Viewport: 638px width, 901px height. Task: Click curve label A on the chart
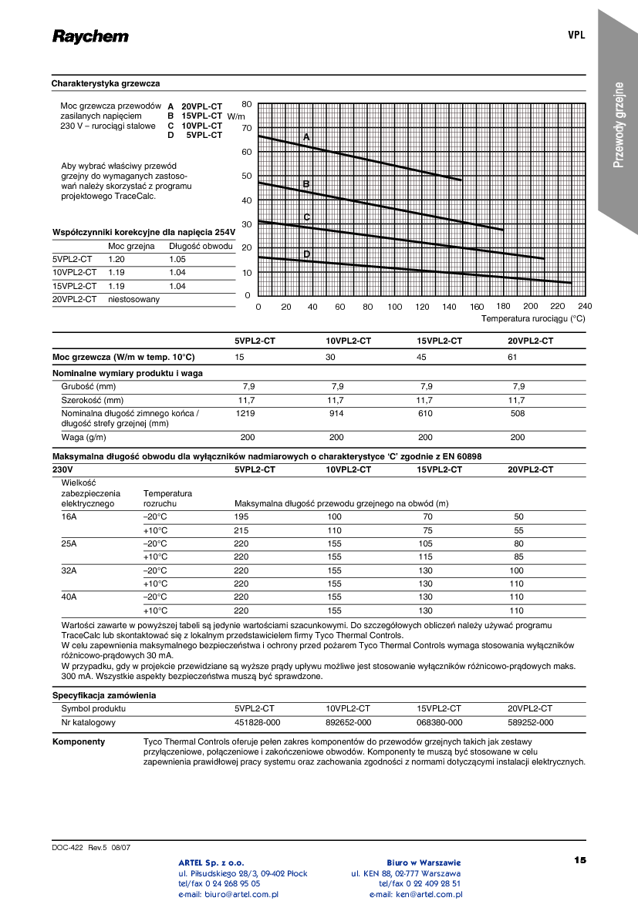point(306,137)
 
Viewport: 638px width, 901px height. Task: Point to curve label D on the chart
point(306,254)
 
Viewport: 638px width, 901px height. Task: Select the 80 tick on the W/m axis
point(247,104)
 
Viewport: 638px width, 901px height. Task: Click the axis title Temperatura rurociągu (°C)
point(533,318)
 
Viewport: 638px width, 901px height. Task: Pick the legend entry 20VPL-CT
point(201,106)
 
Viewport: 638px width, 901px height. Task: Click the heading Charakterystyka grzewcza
point(106,83)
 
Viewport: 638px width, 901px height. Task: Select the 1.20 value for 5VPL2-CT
point(116,260)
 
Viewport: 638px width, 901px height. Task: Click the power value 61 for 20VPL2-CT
point(512,357)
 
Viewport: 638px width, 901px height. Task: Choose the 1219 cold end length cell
point(245,413)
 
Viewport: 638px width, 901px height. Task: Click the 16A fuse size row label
point(69,516)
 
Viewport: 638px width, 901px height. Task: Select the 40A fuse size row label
point(69,597)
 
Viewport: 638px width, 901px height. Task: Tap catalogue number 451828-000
point(257,723)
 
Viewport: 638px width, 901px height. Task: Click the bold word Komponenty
point(78,741)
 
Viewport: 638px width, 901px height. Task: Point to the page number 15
point(580,859)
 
